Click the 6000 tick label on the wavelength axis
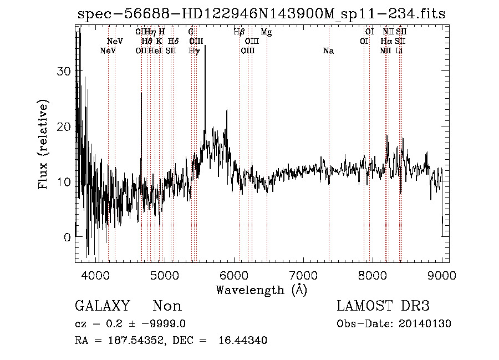pos(233,275)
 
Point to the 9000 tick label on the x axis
pos(442,275)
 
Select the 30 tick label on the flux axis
pos(65,72)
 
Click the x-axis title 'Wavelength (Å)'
pos(261,290)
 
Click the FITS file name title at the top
pos(261,14)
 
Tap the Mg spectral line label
pos(267,32)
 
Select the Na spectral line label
pos(328,51)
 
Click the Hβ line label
pos(240,32)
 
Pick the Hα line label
pos(386,42)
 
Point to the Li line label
pos(399,51)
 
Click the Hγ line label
pos(194,51)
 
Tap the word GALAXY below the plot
pos(102,306)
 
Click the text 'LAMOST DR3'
pos(383,306)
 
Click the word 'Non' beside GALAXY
pos(167,306)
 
